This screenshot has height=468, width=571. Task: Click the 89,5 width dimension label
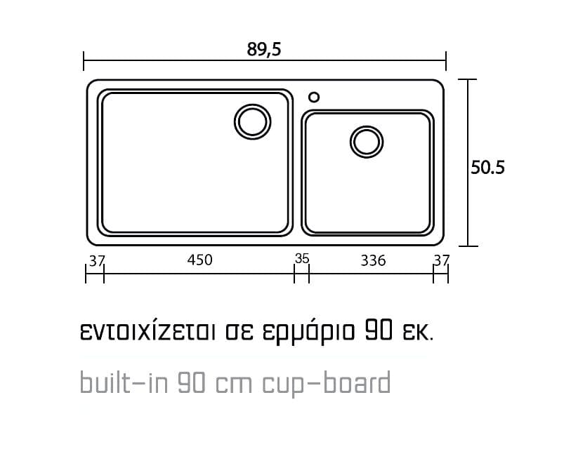(x=264, y=49)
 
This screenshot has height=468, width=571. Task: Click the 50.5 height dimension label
(x=487, y=168)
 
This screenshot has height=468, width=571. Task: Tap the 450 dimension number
(x=199, y=260)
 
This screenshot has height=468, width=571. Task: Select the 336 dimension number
(x=373, y=260)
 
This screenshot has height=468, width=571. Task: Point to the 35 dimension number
(x=302, y=259)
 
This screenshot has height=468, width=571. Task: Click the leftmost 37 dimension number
(x=97, y=260)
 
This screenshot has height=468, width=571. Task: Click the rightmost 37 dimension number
(x=441, y=260)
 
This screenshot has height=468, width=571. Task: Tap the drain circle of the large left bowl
(x=252, y=105)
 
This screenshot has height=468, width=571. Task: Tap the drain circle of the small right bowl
(x=367, y=126)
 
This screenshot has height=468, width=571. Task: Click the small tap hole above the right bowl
(x=314, y=93)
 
